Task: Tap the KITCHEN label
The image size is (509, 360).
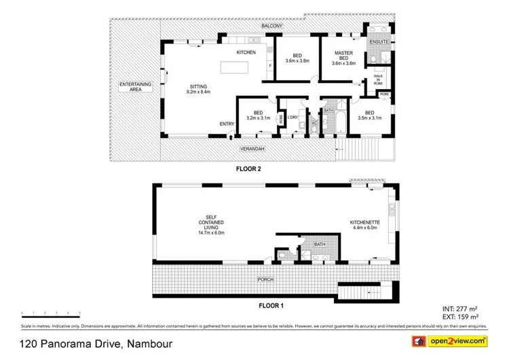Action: [x=245, y=52]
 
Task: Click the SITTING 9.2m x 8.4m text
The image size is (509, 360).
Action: [x=199, y=88]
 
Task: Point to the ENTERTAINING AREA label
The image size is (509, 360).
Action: [x=135, y=87]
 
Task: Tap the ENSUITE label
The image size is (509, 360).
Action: [x=379, y=42]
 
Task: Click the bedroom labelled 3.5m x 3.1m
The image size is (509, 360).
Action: [x=369, y=115]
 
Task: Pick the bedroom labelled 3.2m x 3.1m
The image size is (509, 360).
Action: [x=258, y=115]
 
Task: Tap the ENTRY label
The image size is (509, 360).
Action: [x=227, y=124]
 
